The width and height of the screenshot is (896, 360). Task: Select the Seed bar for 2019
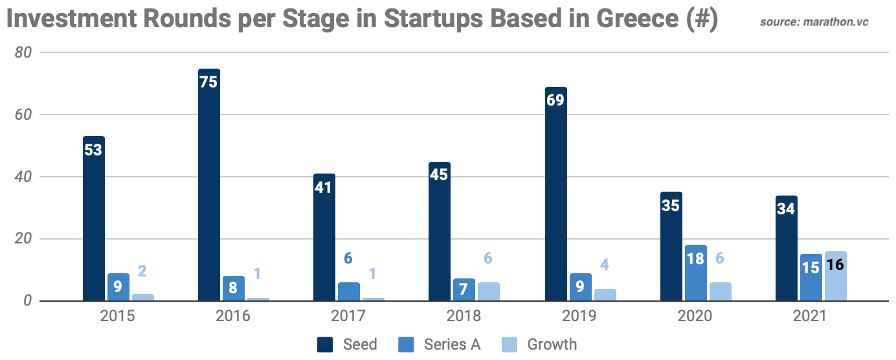(555, 194)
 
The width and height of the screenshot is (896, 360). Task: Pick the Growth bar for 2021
(835, 276)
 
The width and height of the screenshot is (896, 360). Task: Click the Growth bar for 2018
(488, 292)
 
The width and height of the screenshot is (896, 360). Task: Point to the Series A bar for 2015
(118, 287)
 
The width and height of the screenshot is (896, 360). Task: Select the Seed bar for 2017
(324, 238)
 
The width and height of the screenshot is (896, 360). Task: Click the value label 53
(94, 150)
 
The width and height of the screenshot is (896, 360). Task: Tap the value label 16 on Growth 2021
(835, 265)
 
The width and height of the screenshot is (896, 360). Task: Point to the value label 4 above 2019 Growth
(604, 265)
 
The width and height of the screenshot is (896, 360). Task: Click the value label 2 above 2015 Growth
(142, 271)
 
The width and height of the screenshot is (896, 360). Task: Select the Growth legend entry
(540, 344)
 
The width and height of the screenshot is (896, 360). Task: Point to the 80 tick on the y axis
(23, 53)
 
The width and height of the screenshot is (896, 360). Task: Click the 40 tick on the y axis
(23, 177)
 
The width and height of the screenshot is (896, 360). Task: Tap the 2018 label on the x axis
(464, 317)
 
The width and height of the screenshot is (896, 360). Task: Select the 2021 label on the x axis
(810, 317)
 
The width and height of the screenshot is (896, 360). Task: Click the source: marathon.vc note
(814, 22)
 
